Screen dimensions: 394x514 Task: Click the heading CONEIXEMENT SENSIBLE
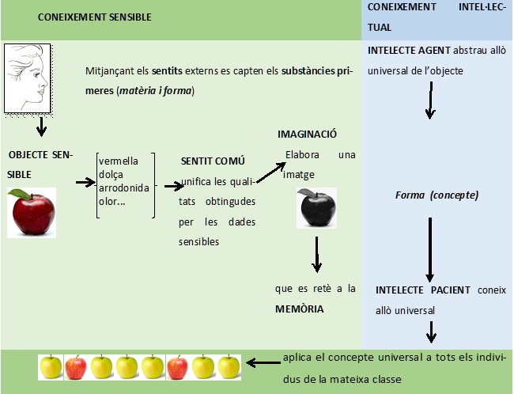[94, 16]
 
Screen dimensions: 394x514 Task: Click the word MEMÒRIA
[299, 309]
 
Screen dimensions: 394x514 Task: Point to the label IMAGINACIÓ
[308, 135]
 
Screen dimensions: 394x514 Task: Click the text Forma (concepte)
[437, 195]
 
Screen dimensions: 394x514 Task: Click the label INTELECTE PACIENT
[424, 290]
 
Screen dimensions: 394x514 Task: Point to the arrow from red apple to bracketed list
[85, 182]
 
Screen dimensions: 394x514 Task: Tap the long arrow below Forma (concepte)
[429, 245]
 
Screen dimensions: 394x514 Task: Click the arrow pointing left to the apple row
[263, 364]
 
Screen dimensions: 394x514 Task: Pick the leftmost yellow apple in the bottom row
[50, 366]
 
